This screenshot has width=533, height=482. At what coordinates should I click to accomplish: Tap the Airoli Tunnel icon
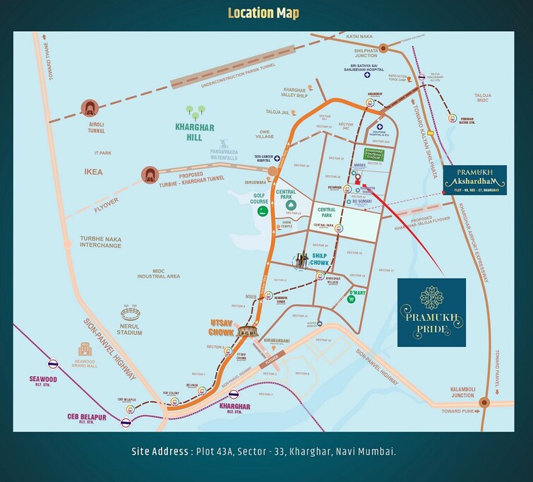coord(90,107)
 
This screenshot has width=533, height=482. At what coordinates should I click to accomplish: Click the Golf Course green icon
coord(262,210)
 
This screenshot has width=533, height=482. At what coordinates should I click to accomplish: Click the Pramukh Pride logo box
coord(431,312)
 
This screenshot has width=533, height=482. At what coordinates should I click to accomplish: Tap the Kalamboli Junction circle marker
coord(484,403)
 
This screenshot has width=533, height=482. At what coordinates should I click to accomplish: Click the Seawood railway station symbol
coord(52,365)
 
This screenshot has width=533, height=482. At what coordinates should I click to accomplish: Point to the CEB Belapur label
coord(87,418)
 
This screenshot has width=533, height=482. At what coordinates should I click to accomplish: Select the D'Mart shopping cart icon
coord(350,299)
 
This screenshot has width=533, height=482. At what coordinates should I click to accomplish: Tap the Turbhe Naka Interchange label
coord(100,244)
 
